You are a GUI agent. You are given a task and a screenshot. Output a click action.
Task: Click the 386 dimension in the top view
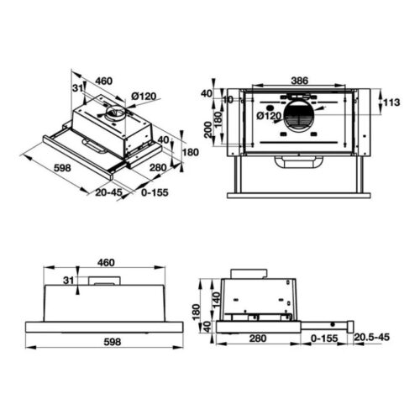pyautogui.click(x=300, y=81)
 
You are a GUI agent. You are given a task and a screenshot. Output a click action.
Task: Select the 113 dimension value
pyautogui.click(x=391, y=104)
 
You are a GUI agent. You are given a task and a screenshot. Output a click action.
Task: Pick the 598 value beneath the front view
pyautogui.click(x=105, y=342)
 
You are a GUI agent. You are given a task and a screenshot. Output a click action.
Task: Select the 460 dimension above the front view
pyautogui.click(x=105, y=263)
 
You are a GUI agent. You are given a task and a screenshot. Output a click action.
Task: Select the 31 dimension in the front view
pyautogui.click(x=67, y=281)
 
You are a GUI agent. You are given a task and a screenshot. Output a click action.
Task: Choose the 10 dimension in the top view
pyautogui.click(x=228, y=99)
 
